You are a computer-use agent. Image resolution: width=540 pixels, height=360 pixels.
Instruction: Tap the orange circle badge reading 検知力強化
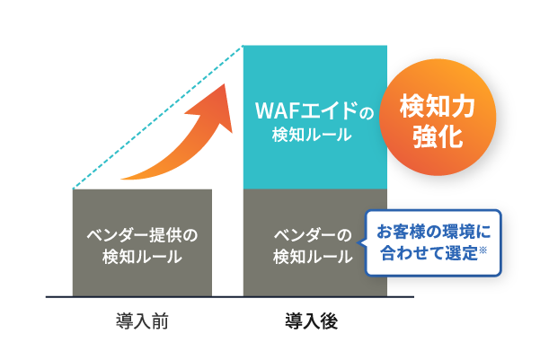pyautogui.click(x=438, y=117)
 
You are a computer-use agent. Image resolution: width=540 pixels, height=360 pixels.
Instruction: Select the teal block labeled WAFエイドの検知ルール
pyautogui.click(x=315, y=117)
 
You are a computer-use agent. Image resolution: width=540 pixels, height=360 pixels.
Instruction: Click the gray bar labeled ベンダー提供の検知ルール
pyautogui.click(x=142, y=242)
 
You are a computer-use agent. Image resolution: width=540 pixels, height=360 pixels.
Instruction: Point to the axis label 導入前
pyautogui.click(x=142, y=321)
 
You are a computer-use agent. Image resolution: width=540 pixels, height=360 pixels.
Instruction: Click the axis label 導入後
pyautogui.click(x=311, y=321)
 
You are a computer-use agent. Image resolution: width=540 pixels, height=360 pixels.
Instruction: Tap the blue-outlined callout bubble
pyautogui.click(x=432, y=242)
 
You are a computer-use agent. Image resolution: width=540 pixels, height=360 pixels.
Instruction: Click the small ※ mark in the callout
pyautogui.click(x=482, y=250)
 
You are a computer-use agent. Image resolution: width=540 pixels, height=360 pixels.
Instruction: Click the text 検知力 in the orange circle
pyautogui.click(x=438, y=106)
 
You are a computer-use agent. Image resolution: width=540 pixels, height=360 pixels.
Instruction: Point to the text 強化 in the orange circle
pyautogui.click(x=438, y=136)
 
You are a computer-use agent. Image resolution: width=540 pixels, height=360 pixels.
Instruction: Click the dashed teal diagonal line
pyautogui.click(x=158, y=117)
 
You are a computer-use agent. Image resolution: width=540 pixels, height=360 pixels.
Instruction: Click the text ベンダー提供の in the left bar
pyautogui.click(x=142, y=235)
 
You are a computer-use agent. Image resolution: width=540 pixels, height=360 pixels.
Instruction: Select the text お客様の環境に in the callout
pyautogui.click(x=433, y=232)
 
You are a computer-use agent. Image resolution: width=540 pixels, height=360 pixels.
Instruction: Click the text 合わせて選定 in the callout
pyautogui.click(x=429, y=253)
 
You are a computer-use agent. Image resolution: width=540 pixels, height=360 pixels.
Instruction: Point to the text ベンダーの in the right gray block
pyautogui.click(x=313, y=235)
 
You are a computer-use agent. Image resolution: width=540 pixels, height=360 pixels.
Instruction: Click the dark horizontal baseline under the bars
pyautogui.click(x=230, y=296)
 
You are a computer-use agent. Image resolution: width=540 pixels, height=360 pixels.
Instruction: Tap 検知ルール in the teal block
pyautogui.click(x=312, y=135)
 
